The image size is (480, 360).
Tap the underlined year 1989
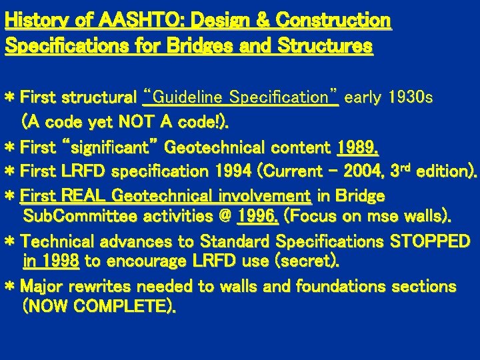click(358, 147)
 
